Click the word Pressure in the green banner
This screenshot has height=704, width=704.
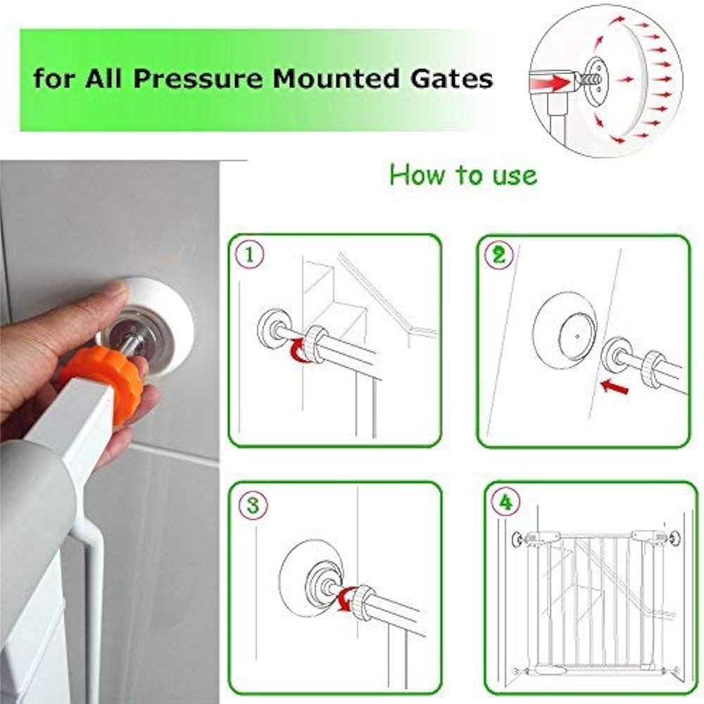pos(201,78)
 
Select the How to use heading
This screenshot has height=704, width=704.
pos(463,174)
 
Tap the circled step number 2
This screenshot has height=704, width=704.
pos(498,255)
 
